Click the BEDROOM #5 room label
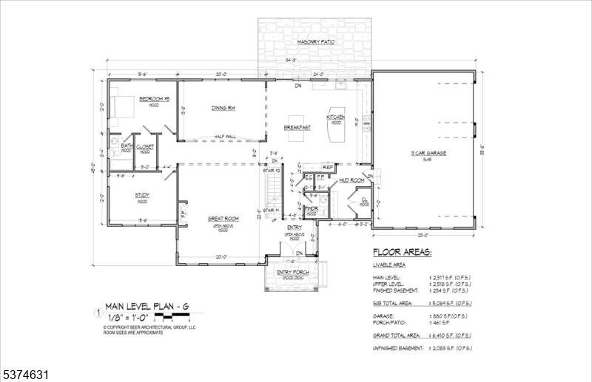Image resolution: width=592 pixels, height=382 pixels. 155,98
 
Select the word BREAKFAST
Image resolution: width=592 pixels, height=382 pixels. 296,128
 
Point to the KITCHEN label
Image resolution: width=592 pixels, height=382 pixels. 336,117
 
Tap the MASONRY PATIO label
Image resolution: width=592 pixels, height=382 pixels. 316,43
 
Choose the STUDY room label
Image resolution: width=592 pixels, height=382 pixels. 142,195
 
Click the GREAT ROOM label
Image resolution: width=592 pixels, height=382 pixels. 222,218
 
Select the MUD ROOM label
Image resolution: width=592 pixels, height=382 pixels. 351,180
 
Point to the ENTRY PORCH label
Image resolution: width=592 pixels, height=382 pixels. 293,273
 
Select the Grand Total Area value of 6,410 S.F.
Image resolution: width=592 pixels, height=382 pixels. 451,335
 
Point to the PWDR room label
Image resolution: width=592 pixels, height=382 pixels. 312,210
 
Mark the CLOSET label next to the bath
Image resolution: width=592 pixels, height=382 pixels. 145,146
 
